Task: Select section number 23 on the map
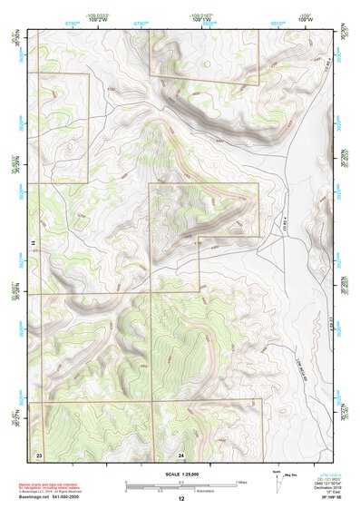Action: [39, 454]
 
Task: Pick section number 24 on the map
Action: [181, 454]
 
